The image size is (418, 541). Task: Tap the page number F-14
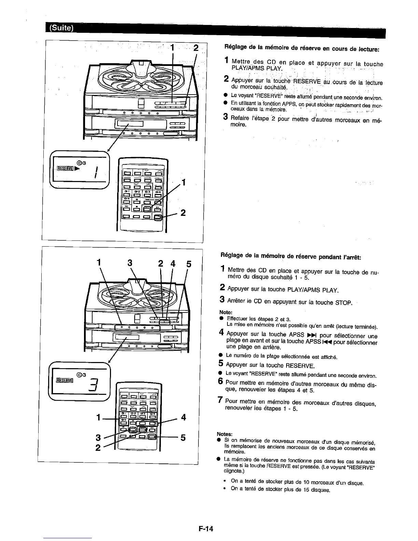pos(205,529)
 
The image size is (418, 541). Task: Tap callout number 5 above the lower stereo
pos(189,264)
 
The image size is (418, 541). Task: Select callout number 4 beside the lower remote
pos(183,417)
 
